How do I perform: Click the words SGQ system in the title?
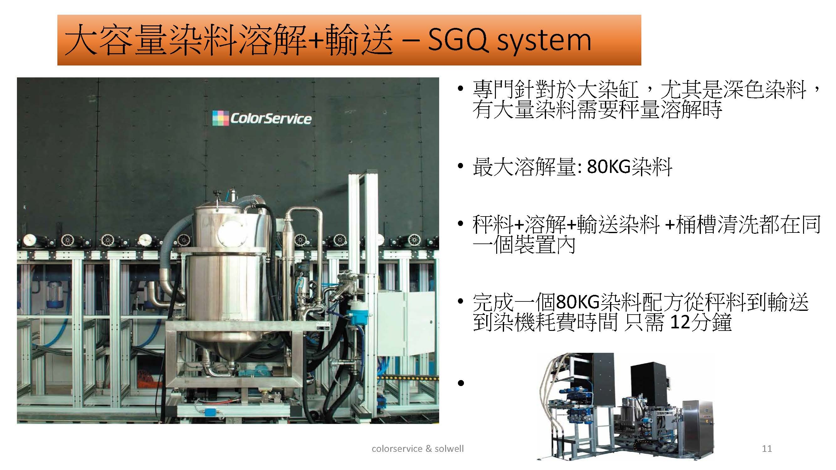(509, 40)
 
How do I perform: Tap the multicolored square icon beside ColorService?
(220, 118)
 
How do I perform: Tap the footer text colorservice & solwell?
(418, 449)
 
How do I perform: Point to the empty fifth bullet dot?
(460, 384)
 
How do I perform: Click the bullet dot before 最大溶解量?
(460, 166)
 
